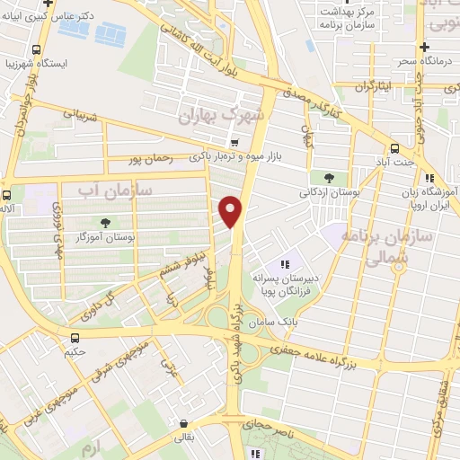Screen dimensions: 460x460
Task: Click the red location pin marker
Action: [232, 212]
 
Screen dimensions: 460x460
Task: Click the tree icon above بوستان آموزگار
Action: [107, 223]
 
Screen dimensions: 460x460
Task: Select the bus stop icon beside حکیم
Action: [75, 338]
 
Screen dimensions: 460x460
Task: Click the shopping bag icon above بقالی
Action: [184, 424]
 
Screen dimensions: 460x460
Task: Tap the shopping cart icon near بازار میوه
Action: [234, 142]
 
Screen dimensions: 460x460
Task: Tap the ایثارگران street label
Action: [375, 87]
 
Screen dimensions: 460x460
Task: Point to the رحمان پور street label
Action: [149, 160]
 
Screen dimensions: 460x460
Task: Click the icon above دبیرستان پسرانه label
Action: [285, 264]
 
